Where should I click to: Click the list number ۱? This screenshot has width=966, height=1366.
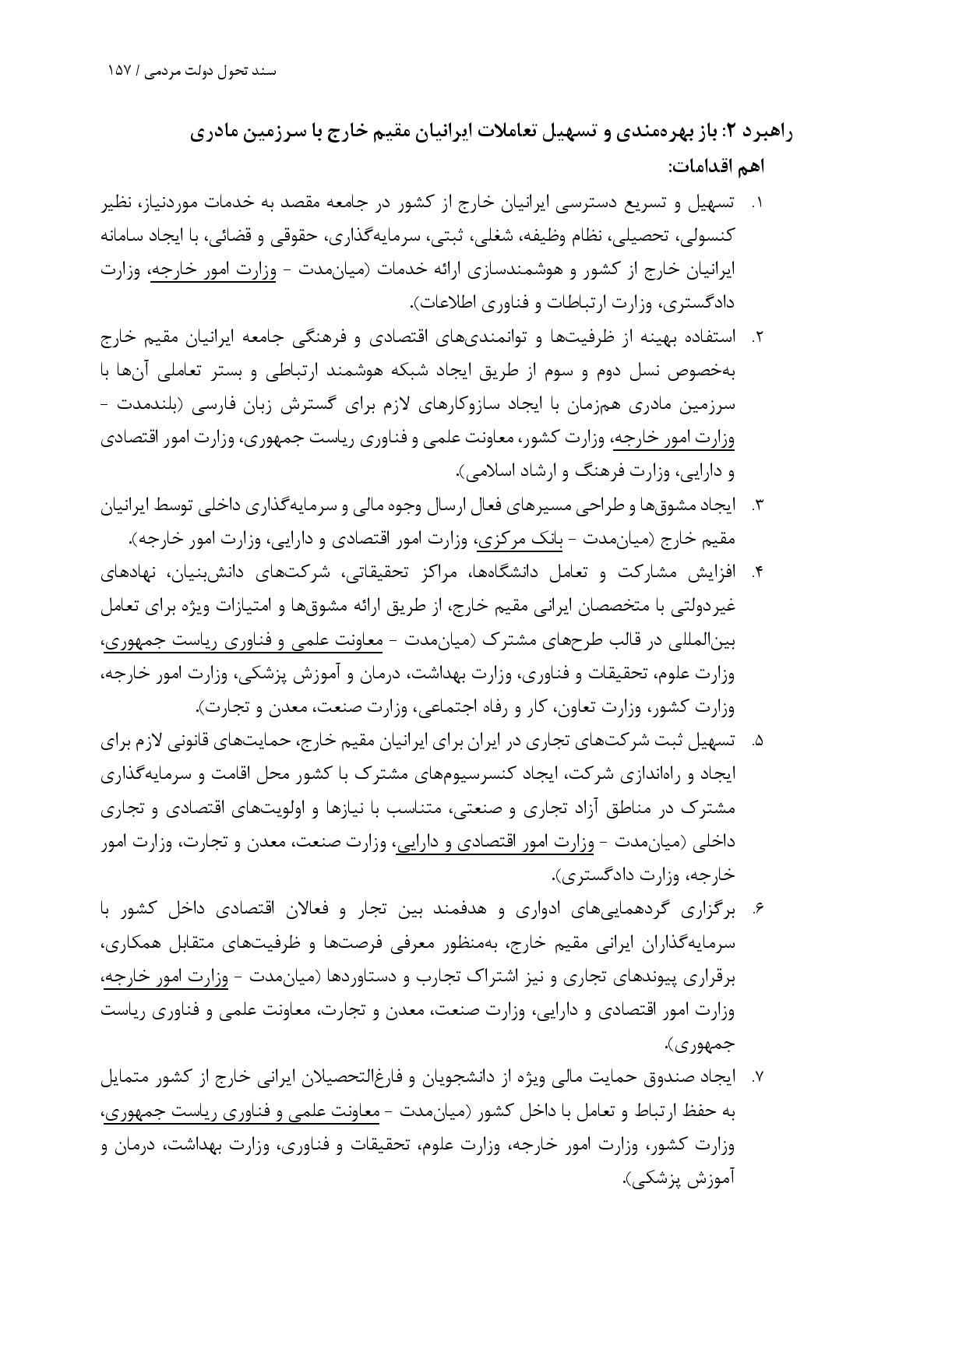pos(756,204)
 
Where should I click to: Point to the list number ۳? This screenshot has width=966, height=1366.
pos(756,506)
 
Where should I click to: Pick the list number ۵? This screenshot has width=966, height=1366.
pos(756,741)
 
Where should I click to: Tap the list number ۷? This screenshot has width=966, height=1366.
pos(756,1078)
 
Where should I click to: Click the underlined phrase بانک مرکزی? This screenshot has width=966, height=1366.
pos(509,539)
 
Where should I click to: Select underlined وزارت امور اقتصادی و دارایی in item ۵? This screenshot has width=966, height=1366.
pos(495,842)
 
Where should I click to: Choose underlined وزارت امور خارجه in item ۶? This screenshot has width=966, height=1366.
pos(166,977)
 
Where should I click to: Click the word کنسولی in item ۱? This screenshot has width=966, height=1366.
pos(706,237)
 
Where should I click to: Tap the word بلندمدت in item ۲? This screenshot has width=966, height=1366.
pos(171,405)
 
